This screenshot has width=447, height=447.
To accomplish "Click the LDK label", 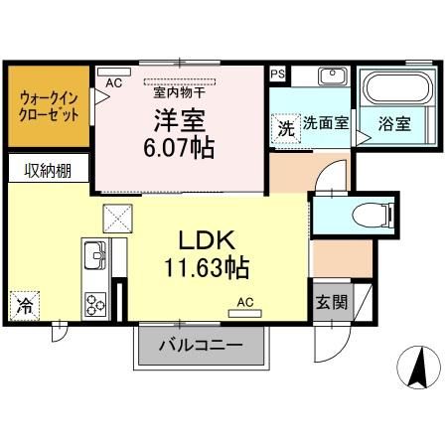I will (x=206, y=242).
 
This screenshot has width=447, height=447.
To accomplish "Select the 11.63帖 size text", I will (x=207, y=268).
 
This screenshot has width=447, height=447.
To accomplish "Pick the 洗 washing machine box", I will (x=285, y=128).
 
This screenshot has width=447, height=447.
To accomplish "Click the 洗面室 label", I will (x=326, y=124).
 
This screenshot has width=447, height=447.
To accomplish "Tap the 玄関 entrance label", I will (x=332, y=302).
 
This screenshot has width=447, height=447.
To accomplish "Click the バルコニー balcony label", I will (x=202, y=349).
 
